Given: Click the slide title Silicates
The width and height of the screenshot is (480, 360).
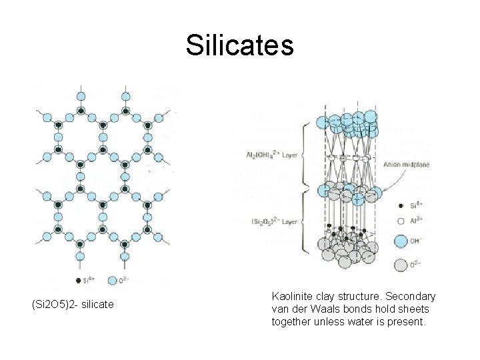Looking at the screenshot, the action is click(239, 46).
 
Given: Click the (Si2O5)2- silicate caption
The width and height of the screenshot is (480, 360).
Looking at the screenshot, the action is click(73, 305).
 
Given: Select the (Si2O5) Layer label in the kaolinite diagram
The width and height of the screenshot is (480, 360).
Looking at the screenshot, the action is click(274, 220).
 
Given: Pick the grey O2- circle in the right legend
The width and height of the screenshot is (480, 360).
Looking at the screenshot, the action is click(401, 265).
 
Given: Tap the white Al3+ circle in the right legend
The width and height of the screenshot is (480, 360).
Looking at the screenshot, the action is click(400, 220).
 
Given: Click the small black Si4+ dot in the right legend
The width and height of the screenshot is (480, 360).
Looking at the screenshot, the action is click(400, 206).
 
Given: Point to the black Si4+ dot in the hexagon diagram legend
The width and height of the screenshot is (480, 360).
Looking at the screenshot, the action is click(79, 281).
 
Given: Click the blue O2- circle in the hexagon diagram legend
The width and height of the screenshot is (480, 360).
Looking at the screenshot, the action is click(111, 281).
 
